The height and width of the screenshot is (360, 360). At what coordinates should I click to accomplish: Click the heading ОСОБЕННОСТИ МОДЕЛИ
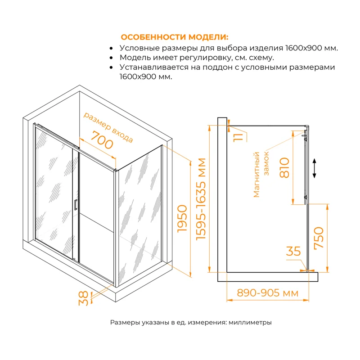pyautogui.click(x=175, y=37)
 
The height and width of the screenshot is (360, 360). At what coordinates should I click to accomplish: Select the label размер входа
pyautogui.click(x=108, y=127)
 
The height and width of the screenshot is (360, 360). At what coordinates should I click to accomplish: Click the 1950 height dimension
pyautogui.click(x=182, y=218)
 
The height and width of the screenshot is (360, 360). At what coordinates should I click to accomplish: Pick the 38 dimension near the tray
pyautogui.click(x=83, y=298)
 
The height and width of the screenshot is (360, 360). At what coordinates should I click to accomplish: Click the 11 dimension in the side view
pyautogui.click(x=239, y=135)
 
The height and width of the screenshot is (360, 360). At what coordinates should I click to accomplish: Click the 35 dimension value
pyautogui.click(x=293, y=251)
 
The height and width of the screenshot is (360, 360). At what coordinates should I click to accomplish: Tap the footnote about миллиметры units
pyautogui.click(x=191, y=323)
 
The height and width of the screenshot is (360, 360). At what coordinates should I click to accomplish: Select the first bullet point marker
pyautogui.click(x=112, y=48)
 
